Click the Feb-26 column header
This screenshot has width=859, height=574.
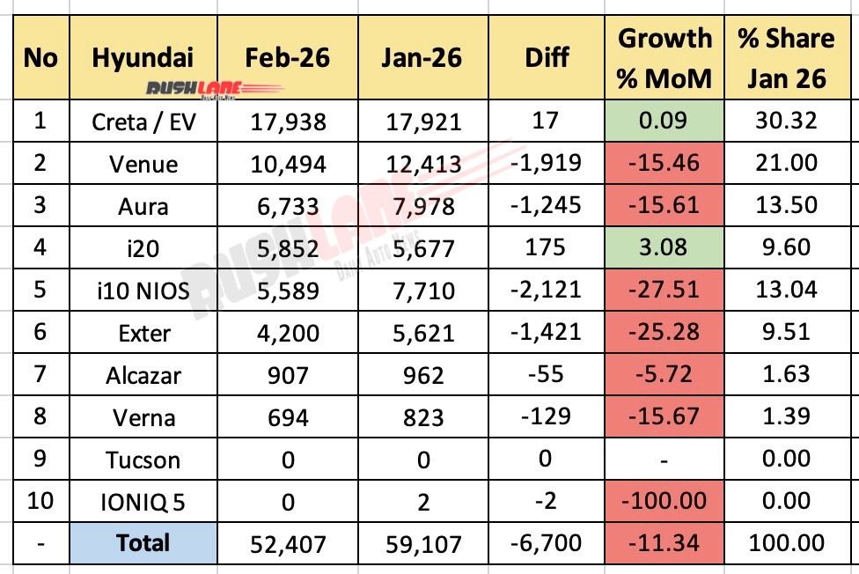(x=288, y=57)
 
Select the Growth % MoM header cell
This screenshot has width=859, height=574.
(x=665, y=58)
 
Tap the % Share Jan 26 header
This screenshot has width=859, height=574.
(x=786, y=58)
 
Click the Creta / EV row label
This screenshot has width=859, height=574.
(x=143, y=121)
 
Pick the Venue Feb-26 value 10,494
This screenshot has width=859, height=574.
(x=288, y=164)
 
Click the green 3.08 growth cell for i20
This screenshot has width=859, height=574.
(x=665, y=247)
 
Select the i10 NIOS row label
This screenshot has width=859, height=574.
(x=143, y=290)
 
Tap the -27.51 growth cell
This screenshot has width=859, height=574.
(x=665, y=290)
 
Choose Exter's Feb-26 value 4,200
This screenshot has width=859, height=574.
(x=288, y=333)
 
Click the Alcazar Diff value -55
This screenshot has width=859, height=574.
(x=547, y=374)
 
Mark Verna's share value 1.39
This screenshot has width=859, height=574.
(x=786, y=416)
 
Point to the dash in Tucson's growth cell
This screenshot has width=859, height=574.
(x=665, y=460)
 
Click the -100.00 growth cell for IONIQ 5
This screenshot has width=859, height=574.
(x=665, y=502)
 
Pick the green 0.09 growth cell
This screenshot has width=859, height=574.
(x=665, y=121)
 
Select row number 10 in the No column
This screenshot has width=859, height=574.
(x=40, y=502)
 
